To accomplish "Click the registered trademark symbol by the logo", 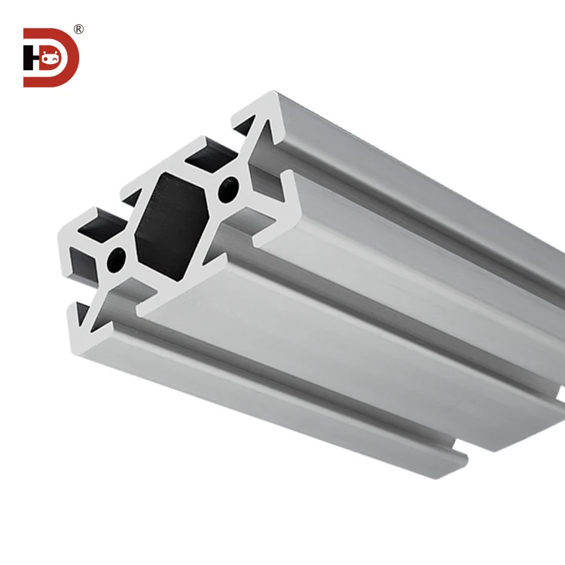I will [x=78, y=29].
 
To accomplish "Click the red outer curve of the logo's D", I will [x=73, y=58].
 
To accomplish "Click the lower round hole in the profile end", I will [x=116, y=259].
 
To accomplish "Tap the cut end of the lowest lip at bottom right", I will [x=457, y=460].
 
